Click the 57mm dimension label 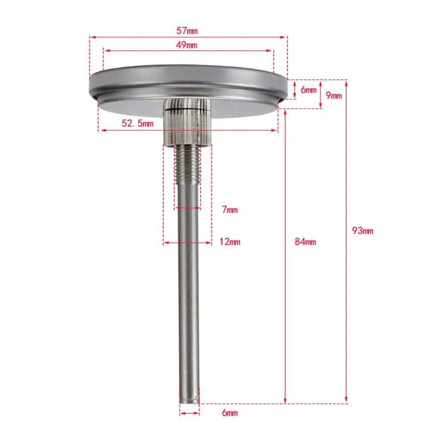coord(188,31)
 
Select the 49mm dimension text coord(188,45)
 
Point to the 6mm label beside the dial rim coord(308,90)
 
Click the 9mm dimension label coord(334,95)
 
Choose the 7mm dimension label coord(229,210)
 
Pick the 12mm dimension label coord(230,242)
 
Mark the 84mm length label coord(305,242)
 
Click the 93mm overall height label coord(363,231)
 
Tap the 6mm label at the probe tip coord(229,413)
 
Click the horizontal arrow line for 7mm coord(188,209)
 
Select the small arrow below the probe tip coord(189,413)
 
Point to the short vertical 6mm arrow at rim coord(295,90)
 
